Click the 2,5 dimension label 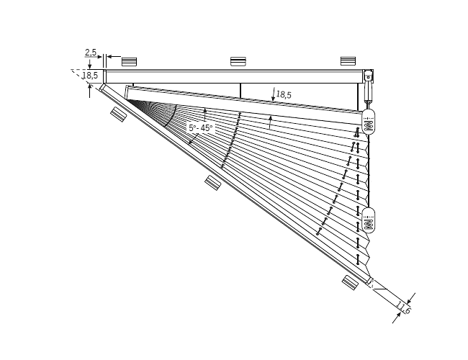(x=91, y=53)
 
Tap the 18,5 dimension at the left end (x=90, y=75)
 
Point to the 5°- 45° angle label (x=201, y=127)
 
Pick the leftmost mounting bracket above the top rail (x=129, y=61)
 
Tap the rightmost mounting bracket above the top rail (x=348, y=61)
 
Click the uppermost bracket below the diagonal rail (x=117, y=114)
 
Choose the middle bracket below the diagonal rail (x=212, y=182)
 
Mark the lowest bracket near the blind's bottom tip (x=351, y=281)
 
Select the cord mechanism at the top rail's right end (x=369, y=83)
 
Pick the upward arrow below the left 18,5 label (x=89, y=89)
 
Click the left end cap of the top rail (x=104, y=76)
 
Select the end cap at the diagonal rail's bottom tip (x=370, y=282)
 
